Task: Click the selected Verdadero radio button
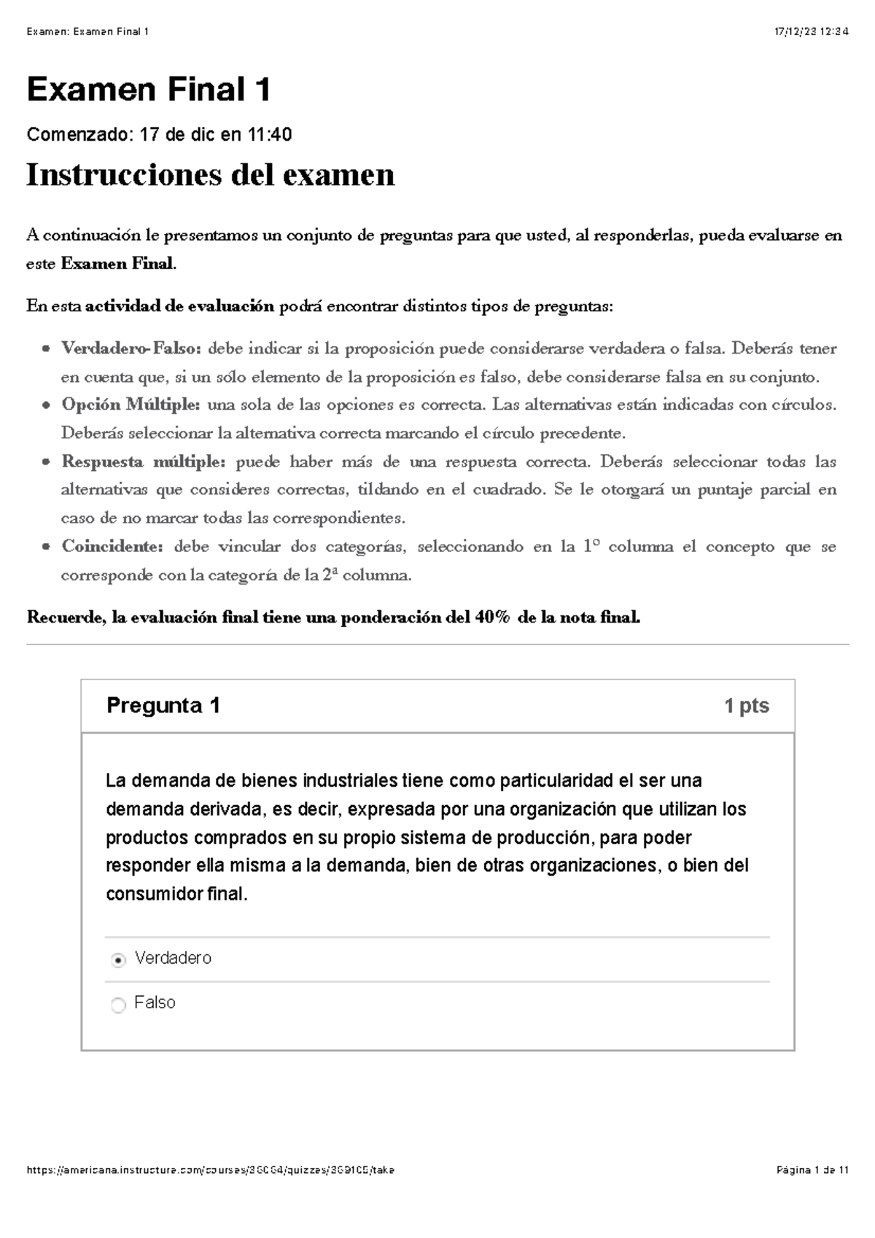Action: click(x=118, y=960)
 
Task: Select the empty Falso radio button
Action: click(x=118, y=1005)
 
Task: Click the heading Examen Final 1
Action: click(x=149, y=90)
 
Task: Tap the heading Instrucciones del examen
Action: click(x=210, y=175)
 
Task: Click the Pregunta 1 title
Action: click(x=163, y=705)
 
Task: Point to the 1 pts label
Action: click(x=746, y=705)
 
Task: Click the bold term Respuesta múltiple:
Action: click(x=144, y=462)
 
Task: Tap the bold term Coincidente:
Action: click(x=112, y=546)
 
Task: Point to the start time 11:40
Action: click(x=270, y=135)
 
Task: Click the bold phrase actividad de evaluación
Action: click(x=179, y=306)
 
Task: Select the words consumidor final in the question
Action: click(x=176, y=893)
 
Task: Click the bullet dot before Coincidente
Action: click(x=46, y=547)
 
